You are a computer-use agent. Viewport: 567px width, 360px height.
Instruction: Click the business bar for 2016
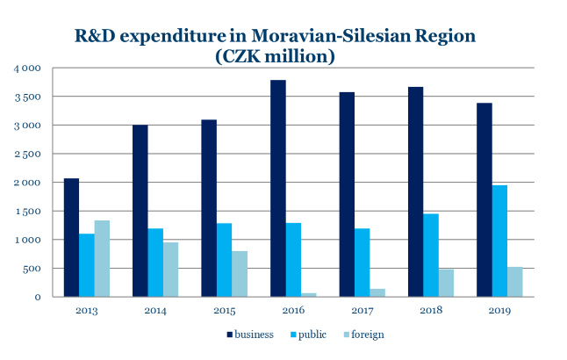(277, 188)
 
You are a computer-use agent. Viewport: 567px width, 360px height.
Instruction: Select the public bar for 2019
(499, 241)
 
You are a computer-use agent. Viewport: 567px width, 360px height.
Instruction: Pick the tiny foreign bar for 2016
(308, 295)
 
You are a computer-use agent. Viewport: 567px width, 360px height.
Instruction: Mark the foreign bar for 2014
(170, 270)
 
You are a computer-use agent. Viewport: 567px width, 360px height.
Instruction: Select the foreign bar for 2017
(377, 292)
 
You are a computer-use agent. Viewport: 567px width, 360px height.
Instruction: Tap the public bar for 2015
(224, 260)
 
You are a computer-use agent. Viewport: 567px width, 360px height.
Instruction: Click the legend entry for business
(250, 335)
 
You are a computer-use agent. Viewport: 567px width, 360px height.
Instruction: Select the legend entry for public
(308, 335)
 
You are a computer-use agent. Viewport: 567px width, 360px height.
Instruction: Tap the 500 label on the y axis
(32, 269)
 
